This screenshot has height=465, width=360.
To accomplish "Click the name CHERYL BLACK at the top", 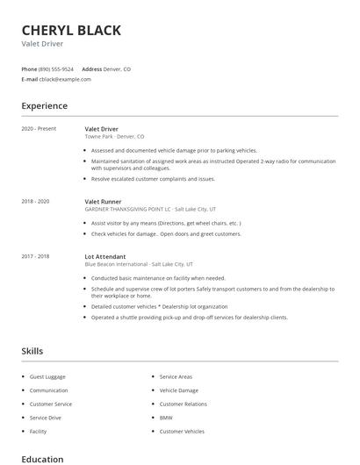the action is (x=71, y=31).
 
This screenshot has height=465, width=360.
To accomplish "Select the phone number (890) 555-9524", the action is (x=55, y=68).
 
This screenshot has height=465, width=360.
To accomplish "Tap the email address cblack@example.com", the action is (x=65, y=79).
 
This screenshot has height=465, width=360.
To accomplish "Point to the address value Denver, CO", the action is (x=118, y=68).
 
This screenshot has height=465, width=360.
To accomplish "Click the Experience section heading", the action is (x=44, y=106).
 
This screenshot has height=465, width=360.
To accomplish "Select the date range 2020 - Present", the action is (x=39, y=129).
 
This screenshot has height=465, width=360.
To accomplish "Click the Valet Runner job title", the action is (x=103, y=201).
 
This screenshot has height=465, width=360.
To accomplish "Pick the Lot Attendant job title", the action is (x=105, y=256).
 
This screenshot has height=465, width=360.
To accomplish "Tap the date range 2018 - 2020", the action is (x=35, y=201).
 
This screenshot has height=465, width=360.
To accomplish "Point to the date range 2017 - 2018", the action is (x=35, y=256).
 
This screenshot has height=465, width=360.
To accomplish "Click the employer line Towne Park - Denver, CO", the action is (x=114, y=137).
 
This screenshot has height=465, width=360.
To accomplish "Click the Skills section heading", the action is (x=32, y=351).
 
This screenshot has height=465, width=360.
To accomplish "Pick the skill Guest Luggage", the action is (x=47, y=376).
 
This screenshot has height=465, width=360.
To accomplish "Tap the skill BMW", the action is (x=166, y=418).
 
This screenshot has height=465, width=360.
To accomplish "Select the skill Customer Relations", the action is (x=183, y=404).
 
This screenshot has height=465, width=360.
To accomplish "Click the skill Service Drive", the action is (x=46, y=418).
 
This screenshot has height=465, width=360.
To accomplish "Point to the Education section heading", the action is (x=42, y=459).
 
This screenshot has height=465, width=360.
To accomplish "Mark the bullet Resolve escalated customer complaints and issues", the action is (x=153, y=179).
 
